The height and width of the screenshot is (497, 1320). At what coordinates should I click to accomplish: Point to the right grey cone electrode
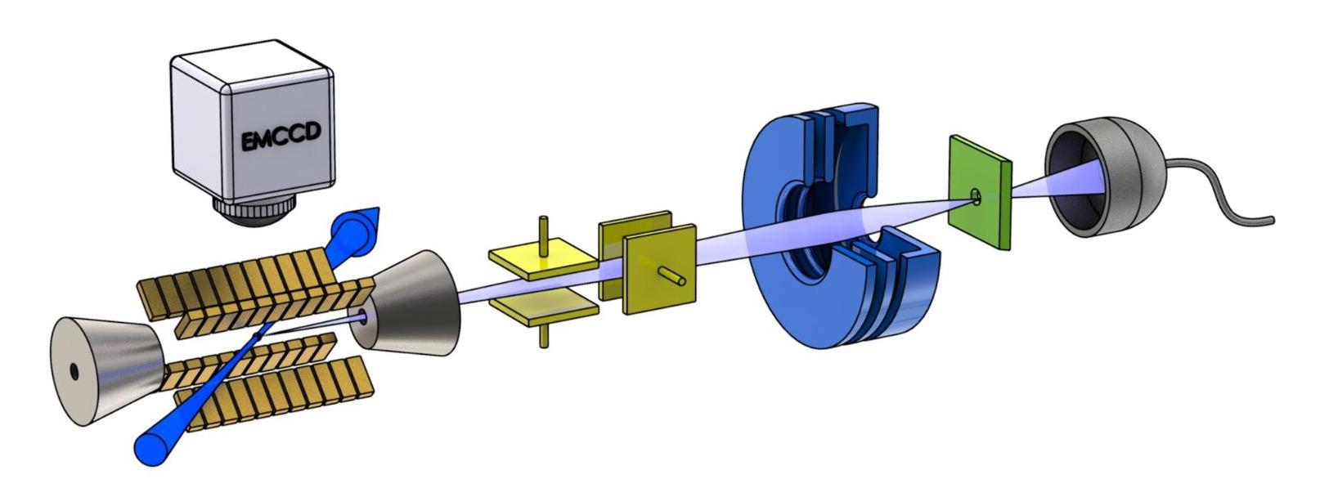click(x=417, y=303)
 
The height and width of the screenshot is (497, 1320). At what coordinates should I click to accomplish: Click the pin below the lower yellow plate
click(x=542, y=335)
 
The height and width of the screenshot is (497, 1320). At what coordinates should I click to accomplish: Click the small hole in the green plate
click(x=975, y=195)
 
